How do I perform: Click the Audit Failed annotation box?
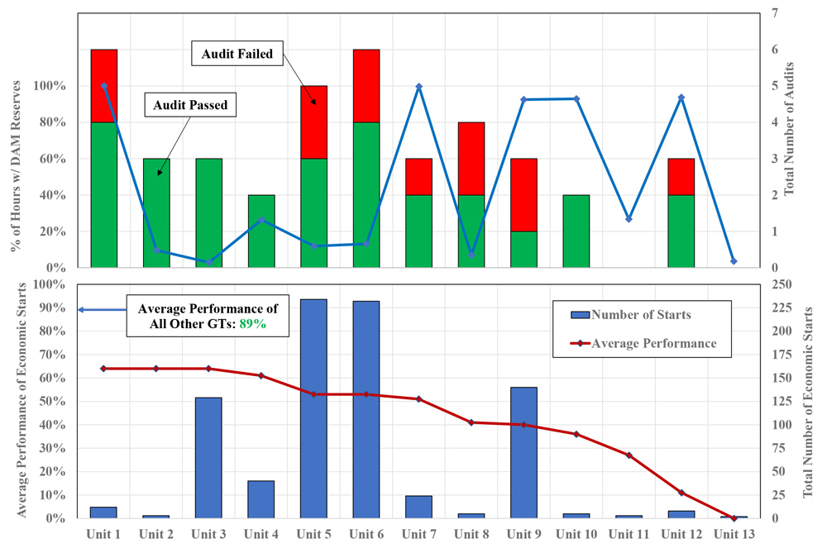[x=238, y=55]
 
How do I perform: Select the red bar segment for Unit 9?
[x=523, y=194]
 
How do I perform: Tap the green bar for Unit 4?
[x=261, y=231]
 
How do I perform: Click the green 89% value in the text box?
[x=252, y=325]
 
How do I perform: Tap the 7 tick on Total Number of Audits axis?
[x=775, y=13]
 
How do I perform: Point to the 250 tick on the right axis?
[x=782, y=284]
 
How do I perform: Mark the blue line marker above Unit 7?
[x=418, y=87]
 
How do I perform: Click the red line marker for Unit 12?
[x=681, y=493]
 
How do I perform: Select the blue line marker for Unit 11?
[x=629, y=219]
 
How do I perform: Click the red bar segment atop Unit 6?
[x=366, y=85]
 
